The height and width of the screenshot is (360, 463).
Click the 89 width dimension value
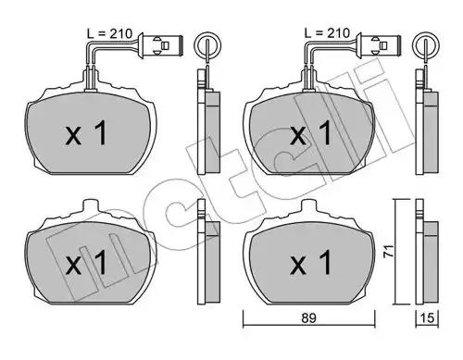(x=308, y=317)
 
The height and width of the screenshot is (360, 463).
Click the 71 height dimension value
(x=389, y=251)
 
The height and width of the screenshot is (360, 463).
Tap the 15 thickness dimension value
(x=428, y=317)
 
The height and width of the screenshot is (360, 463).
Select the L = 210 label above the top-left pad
(x=109, y=33)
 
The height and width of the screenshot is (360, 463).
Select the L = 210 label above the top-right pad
(x=327, y=32)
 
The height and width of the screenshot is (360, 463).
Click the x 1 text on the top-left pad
(x=86, y=133)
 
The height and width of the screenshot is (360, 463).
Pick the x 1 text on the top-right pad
(x=311, y=133)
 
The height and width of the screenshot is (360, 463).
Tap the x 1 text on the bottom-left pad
(x=86, y=263)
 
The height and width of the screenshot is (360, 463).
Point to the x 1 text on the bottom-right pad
(x=311, y=263)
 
